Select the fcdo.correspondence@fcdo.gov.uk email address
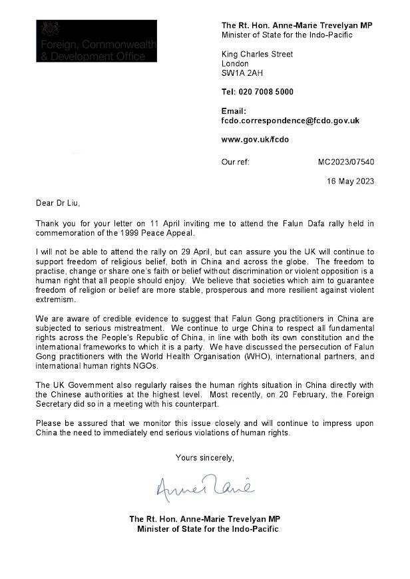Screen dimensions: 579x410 (x=290, y=121)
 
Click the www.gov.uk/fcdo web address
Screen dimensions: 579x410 (x=255, y=140)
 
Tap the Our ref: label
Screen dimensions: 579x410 (x=236, y=161)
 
